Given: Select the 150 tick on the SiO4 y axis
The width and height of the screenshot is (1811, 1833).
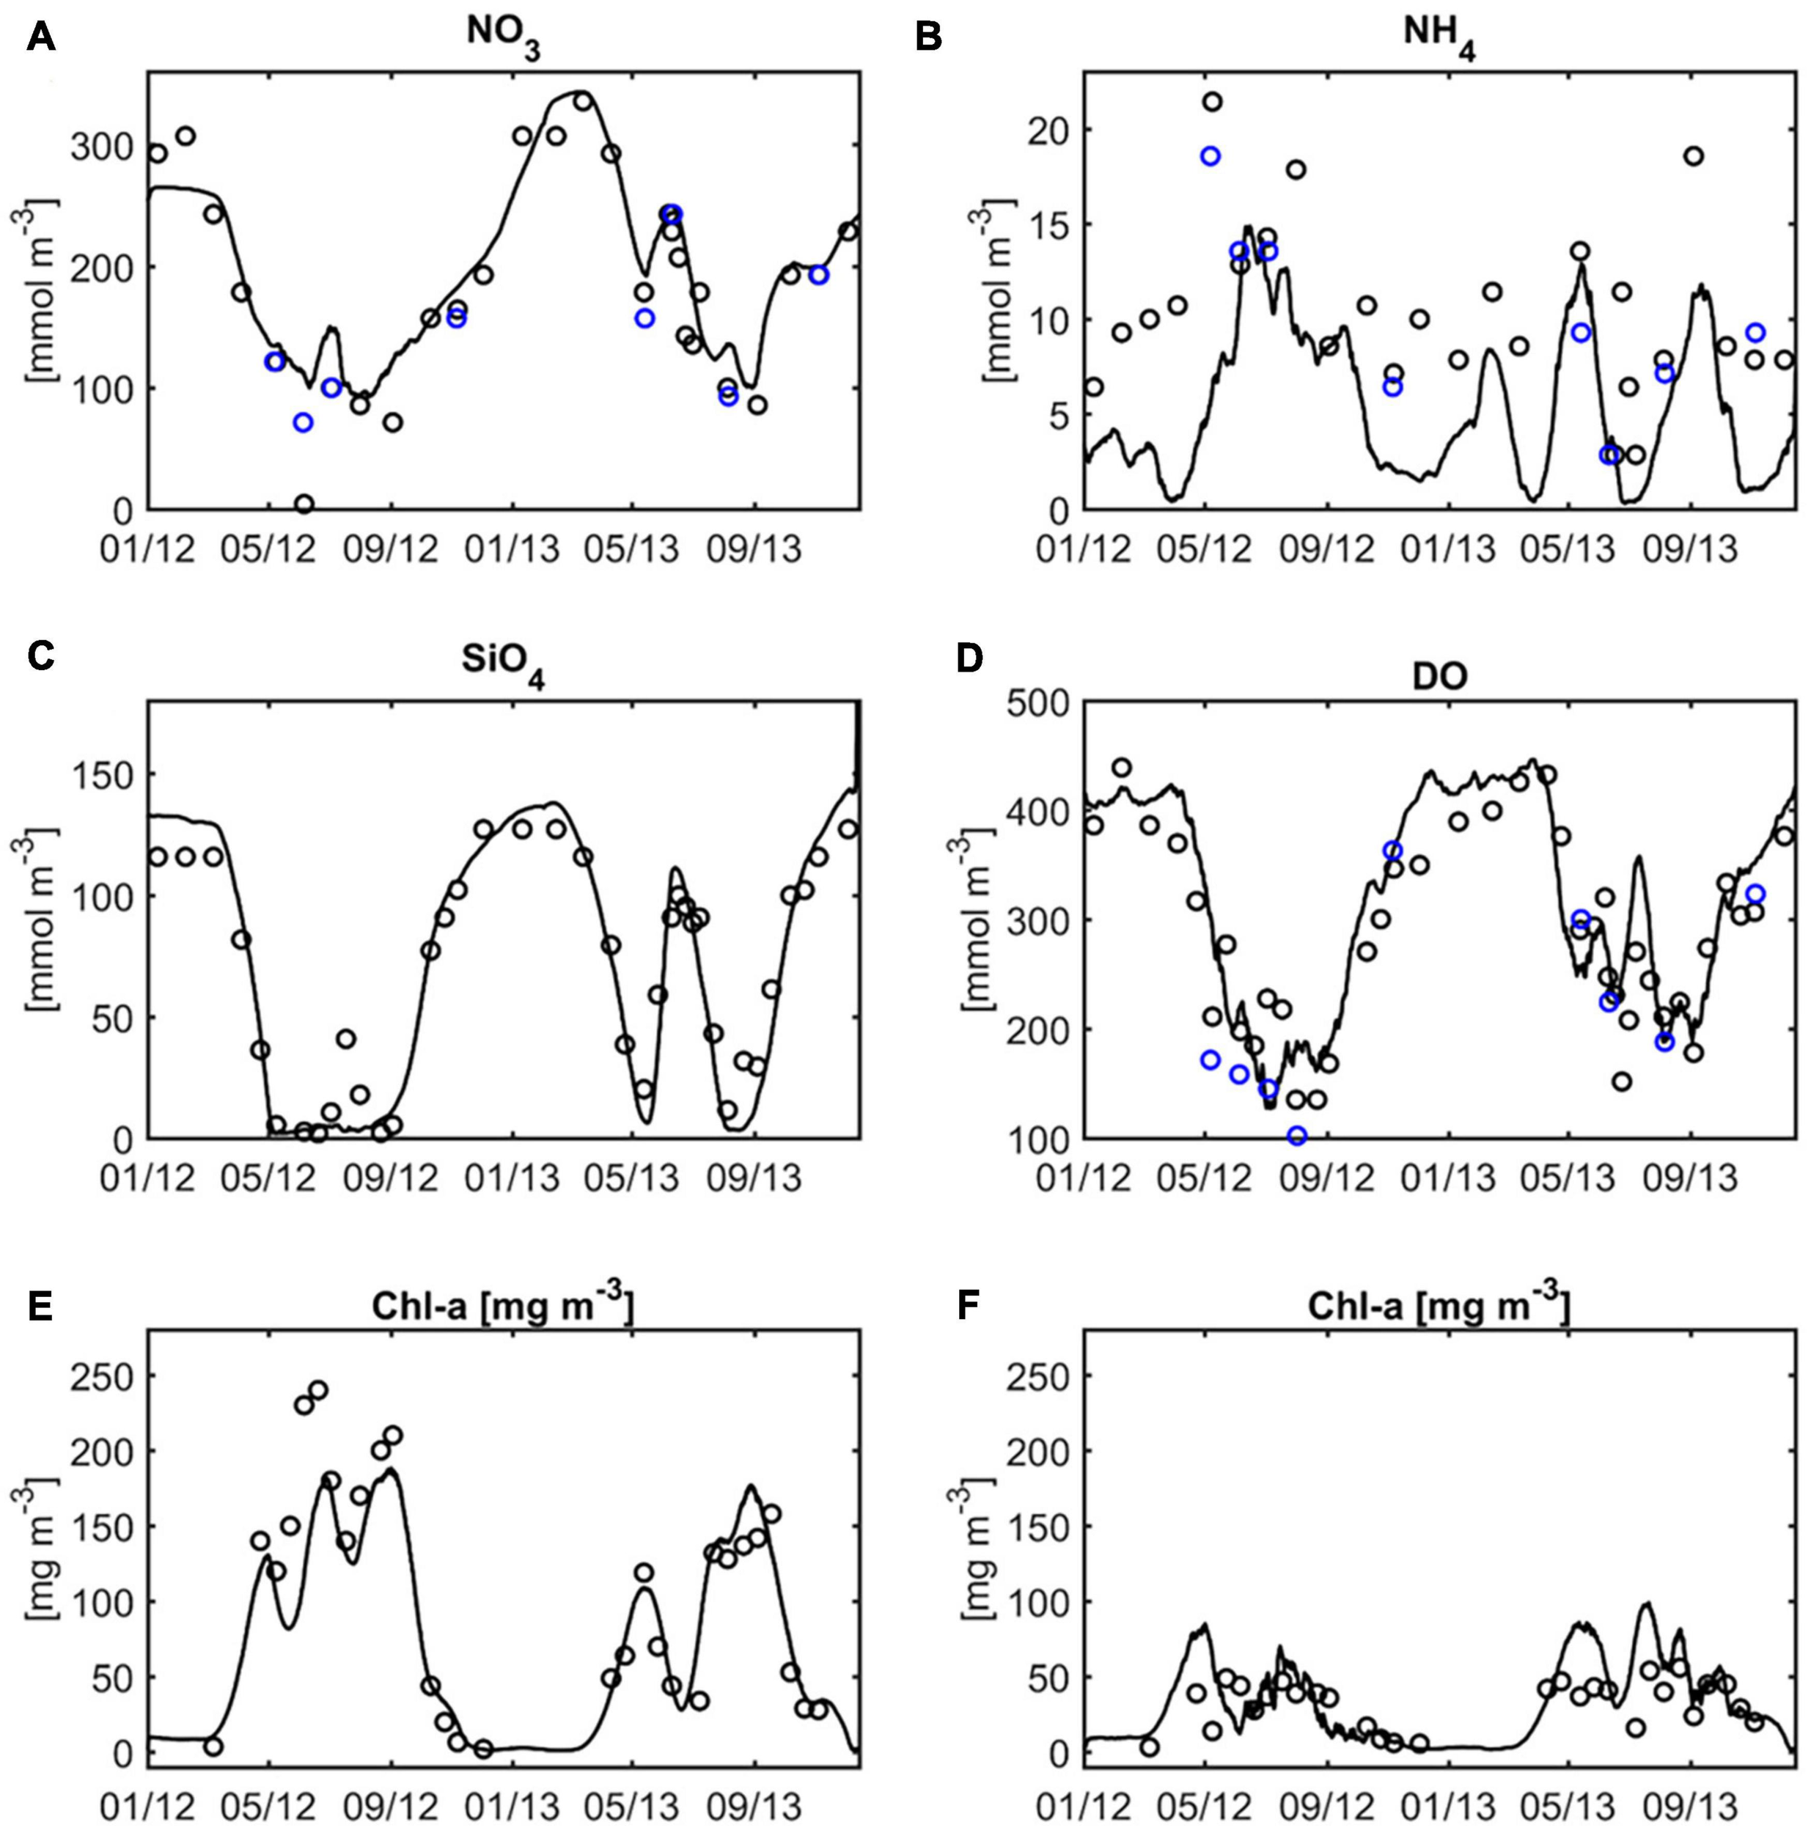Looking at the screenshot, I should point(104,775).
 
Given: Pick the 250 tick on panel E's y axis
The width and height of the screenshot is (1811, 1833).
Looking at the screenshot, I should point(104,1377).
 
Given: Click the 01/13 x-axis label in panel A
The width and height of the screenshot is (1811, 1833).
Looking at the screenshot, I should point(513,549).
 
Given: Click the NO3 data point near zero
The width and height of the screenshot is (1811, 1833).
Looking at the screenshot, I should point(304,504).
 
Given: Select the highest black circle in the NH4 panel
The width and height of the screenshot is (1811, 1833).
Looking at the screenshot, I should point(1211,101).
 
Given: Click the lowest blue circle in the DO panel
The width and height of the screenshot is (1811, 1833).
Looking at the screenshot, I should point(1297,1136).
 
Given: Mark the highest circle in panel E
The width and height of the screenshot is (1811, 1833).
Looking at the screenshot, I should point(317,1391).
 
